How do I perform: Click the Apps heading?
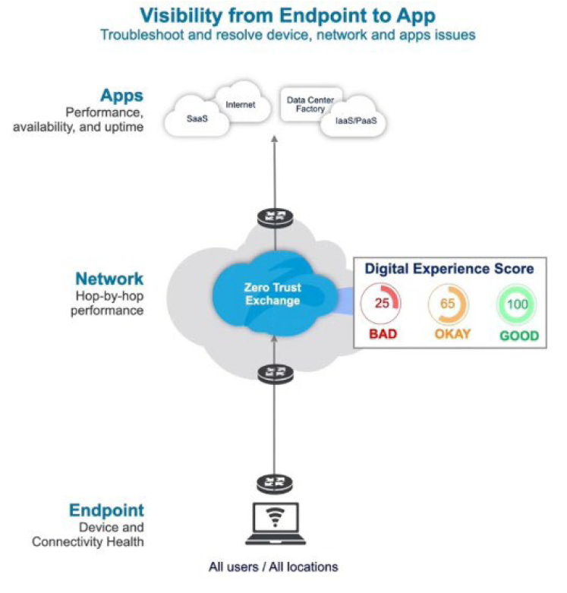click(x=121, y=96)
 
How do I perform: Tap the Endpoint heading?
click(x=106, y=510)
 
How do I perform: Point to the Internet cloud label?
click(x=241, y=105)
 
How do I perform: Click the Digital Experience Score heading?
click(x=449, y=269)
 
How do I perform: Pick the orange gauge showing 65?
click(x=446, y=303)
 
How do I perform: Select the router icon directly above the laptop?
click(x=272, y=484)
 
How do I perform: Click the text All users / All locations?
click(x=273, y=566)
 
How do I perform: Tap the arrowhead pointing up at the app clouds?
click(x=274, y=140)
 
